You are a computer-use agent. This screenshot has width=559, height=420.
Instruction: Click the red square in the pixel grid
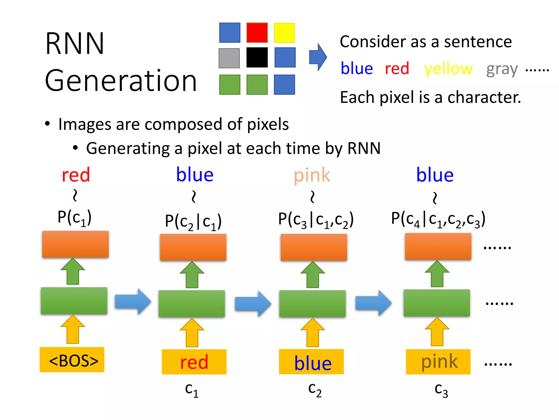tap(257, 33)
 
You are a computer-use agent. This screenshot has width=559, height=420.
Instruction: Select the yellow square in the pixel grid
tap(284, 33)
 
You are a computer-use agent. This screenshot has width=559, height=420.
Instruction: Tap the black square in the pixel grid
tap(257, 57)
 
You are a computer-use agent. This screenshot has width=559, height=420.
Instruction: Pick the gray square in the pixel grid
tap(229, 58)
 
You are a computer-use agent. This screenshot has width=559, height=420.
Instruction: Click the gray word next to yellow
tap(502, 69)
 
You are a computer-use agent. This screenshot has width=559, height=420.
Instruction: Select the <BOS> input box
tap(72, 360)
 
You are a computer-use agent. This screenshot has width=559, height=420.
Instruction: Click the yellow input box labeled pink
tap(438, 361)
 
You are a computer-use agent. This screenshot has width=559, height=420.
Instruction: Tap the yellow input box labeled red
tap(194, 361)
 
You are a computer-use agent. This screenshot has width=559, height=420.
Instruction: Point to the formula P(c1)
tap(74, 218)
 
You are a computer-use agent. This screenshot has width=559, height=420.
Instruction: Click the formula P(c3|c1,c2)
tap(316, 219)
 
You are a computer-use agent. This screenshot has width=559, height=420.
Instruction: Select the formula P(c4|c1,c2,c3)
tap(438, 219)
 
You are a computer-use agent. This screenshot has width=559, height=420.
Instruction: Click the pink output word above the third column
tap(312, 176)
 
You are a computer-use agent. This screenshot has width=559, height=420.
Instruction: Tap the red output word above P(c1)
tap(76, 175)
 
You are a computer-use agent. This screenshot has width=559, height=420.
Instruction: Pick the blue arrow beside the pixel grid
tap(318, 57)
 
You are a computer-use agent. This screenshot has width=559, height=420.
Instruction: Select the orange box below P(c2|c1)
tap(193, 247)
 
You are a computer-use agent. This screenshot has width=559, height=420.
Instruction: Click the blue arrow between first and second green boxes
tap(133, 301)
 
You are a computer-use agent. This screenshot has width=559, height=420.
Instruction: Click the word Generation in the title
tap(121, 81)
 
